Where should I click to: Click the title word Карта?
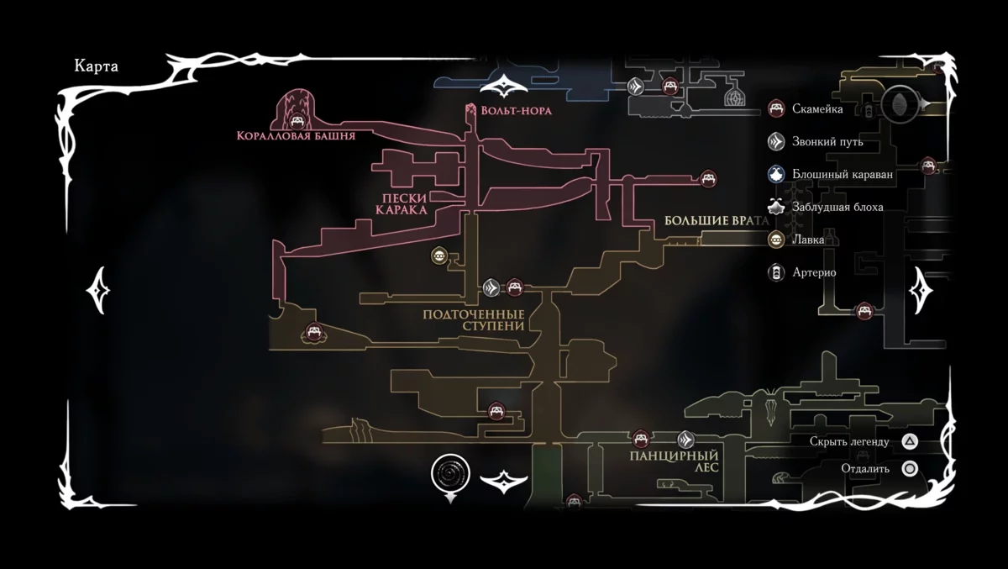pos(97,67)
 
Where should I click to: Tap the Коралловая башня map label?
pos(296,135)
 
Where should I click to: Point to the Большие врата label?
pos(717,221)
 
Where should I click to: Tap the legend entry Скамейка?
pos(817,108)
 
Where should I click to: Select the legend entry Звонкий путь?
pos(827,141)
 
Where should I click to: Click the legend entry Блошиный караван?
pos(842,174)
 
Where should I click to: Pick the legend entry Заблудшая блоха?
pos(837,207)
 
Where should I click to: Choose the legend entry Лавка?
pos(809,240)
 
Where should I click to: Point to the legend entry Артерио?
pos(814,272)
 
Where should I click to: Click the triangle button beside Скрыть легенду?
pos(910,441)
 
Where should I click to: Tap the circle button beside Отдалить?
pos(910,469)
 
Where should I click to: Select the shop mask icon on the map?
pos(438,256)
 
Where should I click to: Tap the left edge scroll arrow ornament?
pos(97,290)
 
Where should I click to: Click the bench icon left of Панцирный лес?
pos(640,439)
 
